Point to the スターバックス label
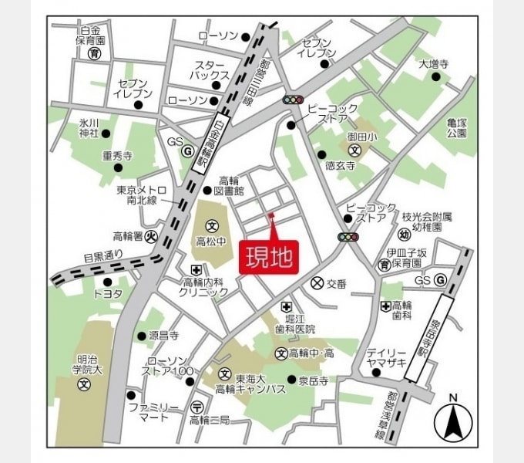(x=211, y=70)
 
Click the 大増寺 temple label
(x=434, y=64)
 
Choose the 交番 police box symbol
(x=315, y=283)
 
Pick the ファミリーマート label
(x=153, y=412)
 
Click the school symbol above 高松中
(x=211, y=226)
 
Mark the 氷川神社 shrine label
(x=90, y=127)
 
